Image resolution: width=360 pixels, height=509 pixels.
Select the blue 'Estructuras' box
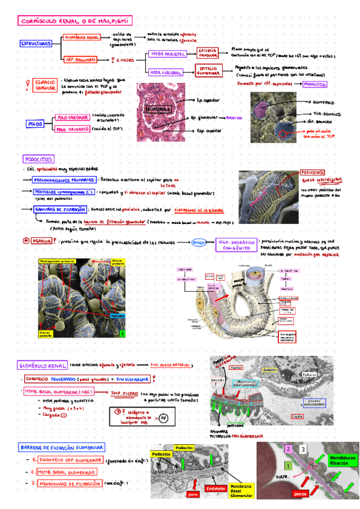click(x=35, y=44)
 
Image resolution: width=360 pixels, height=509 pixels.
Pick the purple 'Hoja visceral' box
click(x=167, y=72)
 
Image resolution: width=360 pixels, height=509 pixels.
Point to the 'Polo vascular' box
click(x=73, y=117)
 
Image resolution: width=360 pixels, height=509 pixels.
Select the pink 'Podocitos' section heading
click(x=39, y=159)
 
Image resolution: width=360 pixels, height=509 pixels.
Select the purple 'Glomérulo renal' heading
click(x=41, y=364)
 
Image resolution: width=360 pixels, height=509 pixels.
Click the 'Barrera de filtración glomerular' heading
click(x=62, y=448)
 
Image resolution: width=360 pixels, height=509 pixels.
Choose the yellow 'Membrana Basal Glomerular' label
click(x=230, y=490)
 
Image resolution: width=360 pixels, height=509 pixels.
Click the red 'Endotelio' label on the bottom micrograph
click(x=215, y=489)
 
